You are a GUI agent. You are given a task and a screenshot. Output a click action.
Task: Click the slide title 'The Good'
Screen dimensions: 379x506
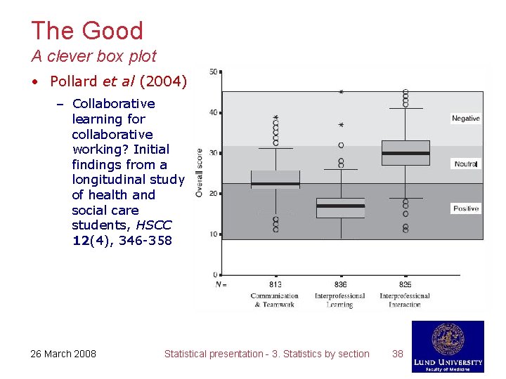click(x=87, y=31)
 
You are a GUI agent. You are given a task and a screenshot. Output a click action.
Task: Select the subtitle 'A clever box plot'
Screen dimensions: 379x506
click(x=93, y=56)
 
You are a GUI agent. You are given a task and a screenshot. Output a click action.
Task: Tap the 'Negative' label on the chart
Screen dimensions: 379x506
click(x=465, y=119)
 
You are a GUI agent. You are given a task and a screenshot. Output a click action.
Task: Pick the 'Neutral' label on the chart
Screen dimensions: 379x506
click(x=465, y=164)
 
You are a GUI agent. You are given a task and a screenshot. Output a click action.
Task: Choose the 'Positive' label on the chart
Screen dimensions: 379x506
click(x=465, y=208)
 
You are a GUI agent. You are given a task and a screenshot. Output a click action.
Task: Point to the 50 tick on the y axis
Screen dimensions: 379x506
click(x=213, y=72)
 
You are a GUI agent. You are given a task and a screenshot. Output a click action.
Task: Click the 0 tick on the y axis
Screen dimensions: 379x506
click(x=215, y=274)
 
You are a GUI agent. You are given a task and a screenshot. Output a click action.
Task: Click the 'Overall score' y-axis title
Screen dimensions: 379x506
click(x=200, y=172)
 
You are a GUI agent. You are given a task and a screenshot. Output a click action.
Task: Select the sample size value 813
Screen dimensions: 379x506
click(x=275, y=284)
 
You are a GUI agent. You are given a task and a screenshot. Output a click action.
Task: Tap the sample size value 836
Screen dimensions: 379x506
click(x=340, y=284)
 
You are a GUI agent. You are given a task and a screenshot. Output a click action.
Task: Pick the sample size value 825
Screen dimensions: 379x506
click(x=405, y=284)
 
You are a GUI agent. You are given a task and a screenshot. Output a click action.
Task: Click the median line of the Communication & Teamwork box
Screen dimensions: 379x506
click(x=275, y=184)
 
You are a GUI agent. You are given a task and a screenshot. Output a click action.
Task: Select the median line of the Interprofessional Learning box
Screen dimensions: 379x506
click(x=340, y=206)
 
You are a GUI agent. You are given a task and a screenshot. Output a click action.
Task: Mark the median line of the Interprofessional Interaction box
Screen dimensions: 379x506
click(x=406, y=153)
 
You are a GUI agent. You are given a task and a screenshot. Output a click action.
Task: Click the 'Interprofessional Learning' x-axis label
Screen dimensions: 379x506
click(x=340, y=300)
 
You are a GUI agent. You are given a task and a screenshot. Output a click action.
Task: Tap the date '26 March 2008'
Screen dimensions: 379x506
click(x=63, y=354)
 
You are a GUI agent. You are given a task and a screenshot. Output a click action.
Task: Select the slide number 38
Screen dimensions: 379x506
click(x=398, y=354)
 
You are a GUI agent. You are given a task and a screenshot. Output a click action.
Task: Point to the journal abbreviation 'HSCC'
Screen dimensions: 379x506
click(x=155, y=225)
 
